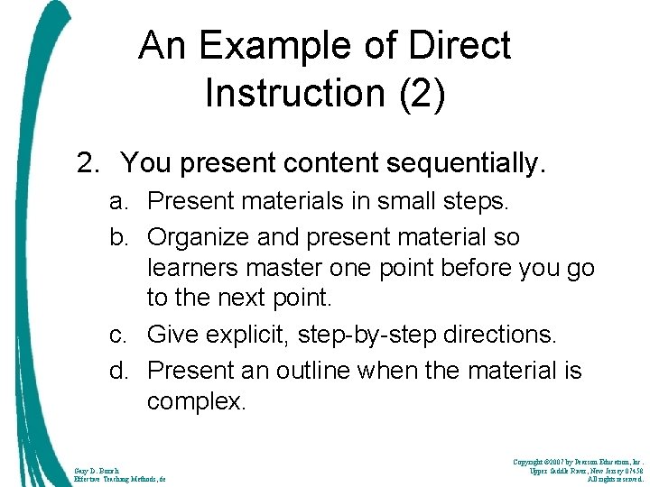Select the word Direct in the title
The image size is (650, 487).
pyautogui.click(x=460, y=46)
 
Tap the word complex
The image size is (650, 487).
pyautogui.click(x=195, y=400)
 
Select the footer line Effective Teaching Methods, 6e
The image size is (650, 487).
pyautogui.click(x=120, y=479)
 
